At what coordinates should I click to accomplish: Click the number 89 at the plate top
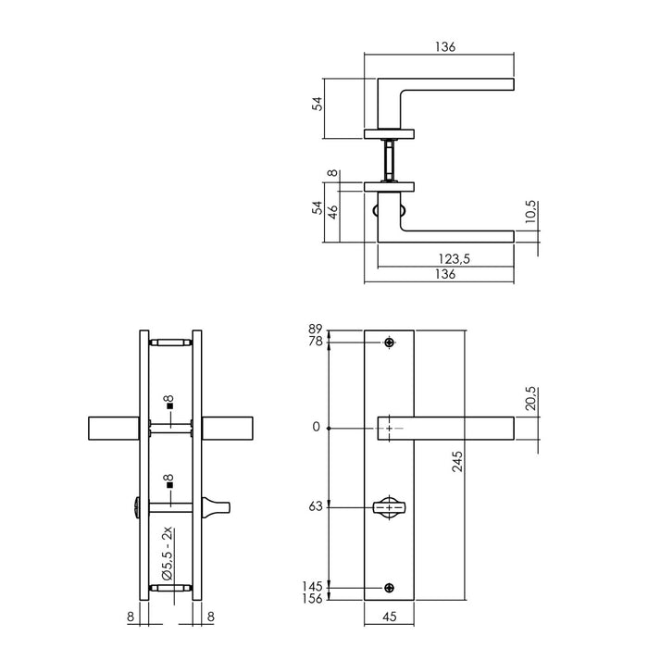click(x=316, y=330)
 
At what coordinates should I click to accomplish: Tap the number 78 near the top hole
click(x=316, y=343)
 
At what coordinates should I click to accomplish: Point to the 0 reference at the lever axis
click(x=318, y=428)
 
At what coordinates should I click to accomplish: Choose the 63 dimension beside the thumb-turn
click(x=316, y=507)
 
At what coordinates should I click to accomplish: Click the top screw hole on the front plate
click(x=390, y=343)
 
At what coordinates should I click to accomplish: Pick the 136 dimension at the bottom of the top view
click(x=445, y=274)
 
